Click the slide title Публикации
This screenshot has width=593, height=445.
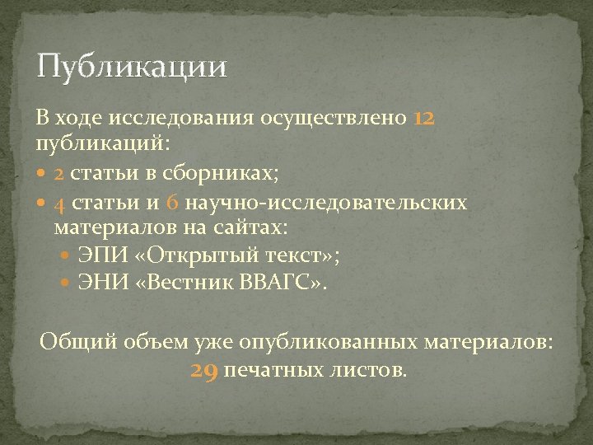(x=131, y=66)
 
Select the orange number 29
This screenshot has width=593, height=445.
(x=204, y=370)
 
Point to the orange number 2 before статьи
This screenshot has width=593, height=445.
(x=61, y=174)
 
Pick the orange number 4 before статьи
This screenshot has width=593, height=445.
(x=61, y=203)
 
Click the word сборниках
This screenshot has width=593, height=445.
(x=225, y=174)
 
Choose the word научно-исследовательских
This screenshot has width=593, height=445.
(x=326, y=203)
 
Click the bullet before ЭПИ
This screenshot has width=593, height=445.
(x=68, y=255)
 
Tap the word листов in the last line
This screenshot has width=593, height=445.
(x=371, y=370)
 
